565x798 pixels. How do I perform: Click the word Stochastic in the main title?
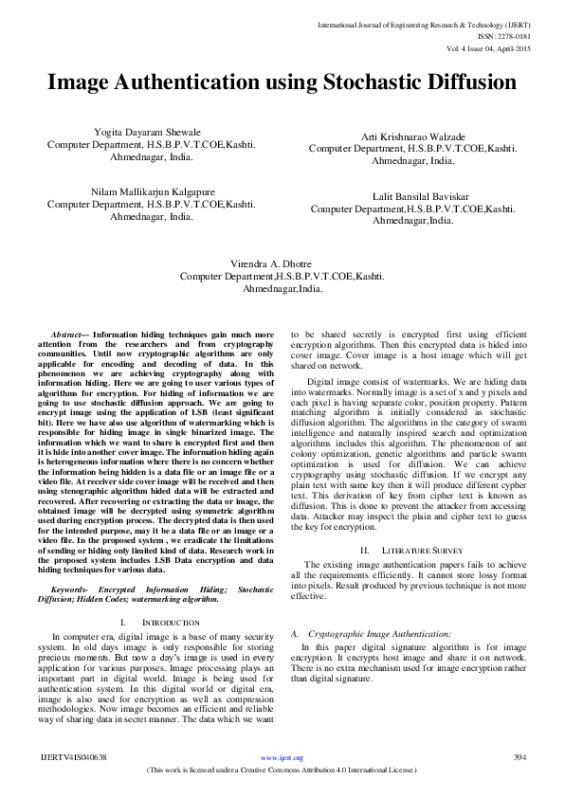[359, 82]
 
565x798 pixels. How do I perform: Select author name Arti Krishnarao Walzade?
[412, 137]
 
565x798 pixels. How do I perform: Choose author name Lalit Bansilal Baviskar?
[412, 196]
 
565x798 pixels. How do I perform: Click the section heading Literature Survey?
[424, 550]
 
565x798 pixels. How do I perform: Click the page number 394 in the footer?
[519, 757]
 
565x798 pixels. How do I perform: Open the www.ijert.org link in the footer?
[282, 758]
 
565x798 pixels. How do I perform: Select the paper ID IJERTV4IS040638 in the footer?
[74, 757]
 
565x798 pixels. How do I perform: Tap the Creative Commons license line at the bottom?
[282, 770]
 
